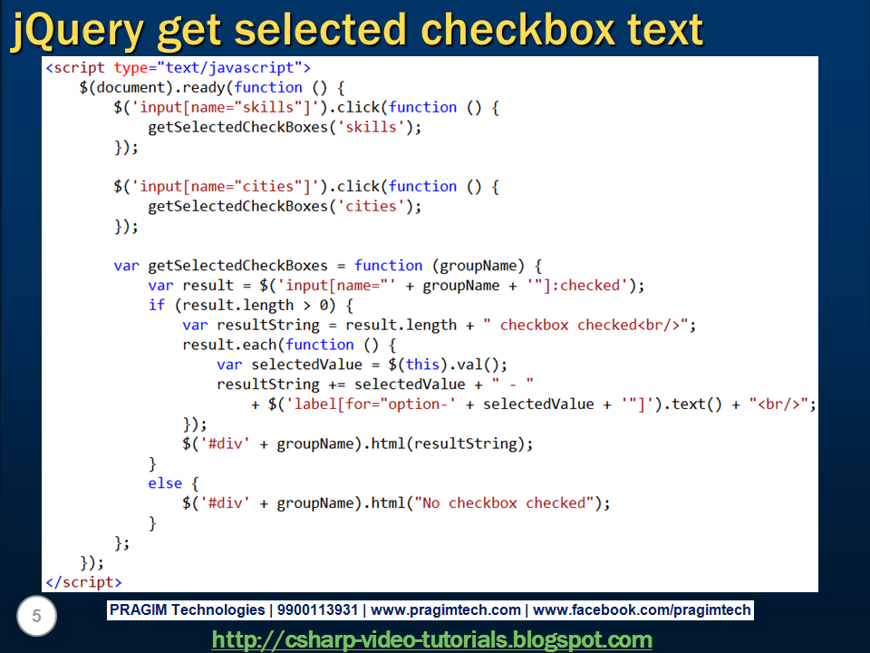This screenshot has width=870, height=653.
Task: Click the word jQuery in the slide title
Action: click(x=77, y=30)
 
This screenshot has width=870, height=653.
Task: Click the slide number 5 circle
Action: click(x=36, y=618)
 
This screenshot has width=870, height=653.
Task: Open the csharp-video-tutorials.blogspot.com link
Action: click(x=431, y=639)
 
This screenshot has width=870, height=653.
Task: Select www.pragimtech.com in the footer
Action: click(x=446, y=610)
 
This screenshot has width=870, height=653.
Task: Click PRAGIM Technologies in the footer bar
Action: click(x=187, y=610)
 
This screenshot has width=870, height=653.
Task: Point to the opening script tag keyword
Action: click(x=81, y=67)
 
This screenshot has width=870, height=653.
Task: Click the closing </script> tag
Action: click(x=82, y=582)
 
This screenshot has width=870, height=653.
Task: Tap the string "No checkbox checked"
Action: click(x=507, y=502)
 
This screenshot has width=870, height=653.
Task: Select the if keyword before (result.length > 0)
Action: click(x=156, y=305)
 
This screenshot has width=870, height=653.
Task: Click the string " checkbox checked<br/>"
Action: click(x=589, y=325)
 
